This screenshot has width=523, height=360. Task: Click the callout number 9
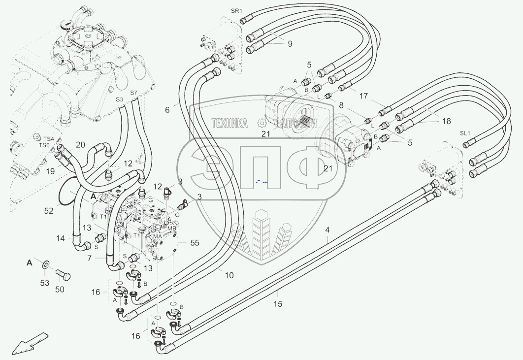pos(290,44)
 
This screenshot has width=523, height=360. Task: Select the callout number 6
pos(167,110)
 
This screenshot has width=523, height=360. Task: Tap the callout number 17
pos(363,97)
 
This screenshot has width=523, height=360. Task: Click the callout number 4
pos(327,230)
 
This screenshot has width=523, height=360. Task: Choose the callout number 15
pos(278,304)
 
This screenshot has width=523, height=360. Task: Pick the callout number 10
pos(229,275)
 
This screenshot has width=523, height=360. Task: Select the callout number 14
pos(60,238)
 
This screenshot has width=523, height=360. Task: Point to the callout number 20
pos(80,144)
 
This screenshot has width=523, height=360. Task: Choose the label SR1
pos(237,11)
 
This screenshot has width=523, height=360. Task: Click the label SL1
pos(465,133)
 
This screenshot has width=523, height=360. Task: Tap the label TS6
pos(44,145)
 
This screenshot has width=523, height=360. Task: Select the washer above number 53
pos(45,266)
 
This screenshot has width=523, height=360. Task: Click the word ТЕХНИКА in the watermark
pos(229,123)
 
